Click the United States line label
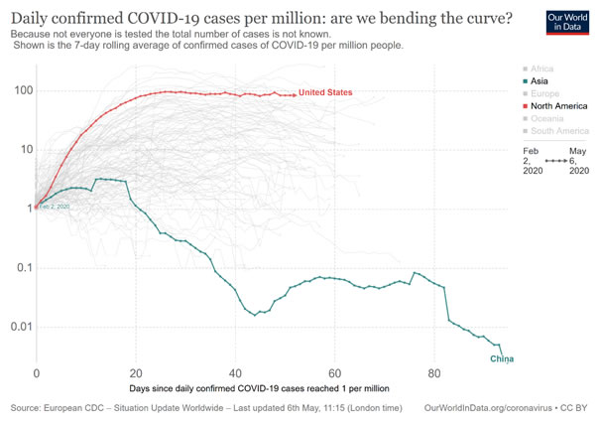pyautogui.click(x=325, y=92)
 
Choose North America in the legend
pyautogui.click(x=558, y=106)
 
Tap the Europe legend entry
pyautogui.click(x=546, y=93)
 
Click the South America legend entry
pyautogui.click(x=560, y=132)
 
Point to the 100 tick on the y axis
pyautogui.click(x=19, y=90)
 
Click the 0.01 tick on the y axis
pyautogui.click(x=16, y=328)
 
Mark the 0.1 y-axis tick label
pyautogui.click(x=19, y=268)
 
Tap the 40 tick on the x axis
pyautogui.click(x=235, y=374)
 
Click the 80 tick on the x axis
pyautogui.click(x=434, y=374)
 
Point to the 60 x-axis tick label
pyautogui.click(x=334, y=374)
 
